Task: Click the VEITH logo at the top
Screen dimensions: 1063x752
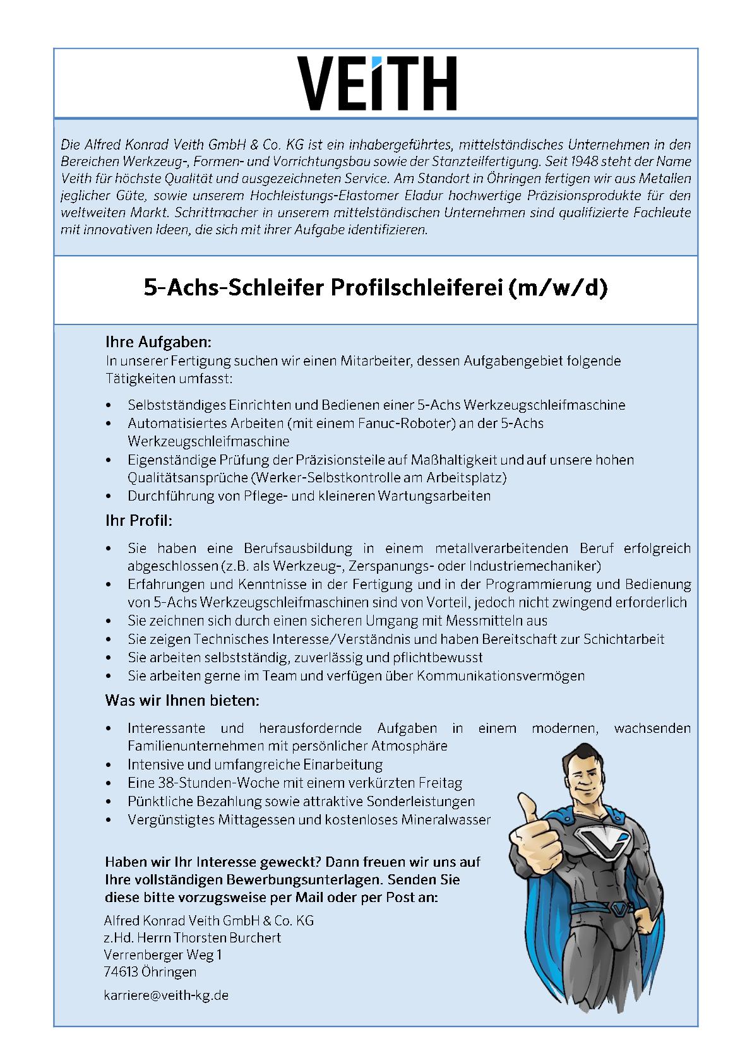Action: click(x=376, y=83)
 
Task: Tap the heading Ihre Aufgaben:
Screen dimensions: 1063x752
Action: click(x=158, y=343)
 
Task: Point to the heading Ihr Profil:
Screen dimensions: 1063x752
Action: click(x=138, y=521)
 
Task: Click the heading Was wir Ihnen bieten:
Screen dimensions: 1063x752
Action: click(x=182, y=701)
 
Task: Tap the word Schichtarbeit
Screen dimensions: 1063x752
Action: click(x=623, y=639)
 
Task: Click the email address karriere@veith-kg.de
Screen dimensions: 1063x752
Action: click(x=166, y=995)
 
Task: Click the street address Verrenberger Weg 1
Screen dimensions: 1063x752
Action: click(x=163, y=955)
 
